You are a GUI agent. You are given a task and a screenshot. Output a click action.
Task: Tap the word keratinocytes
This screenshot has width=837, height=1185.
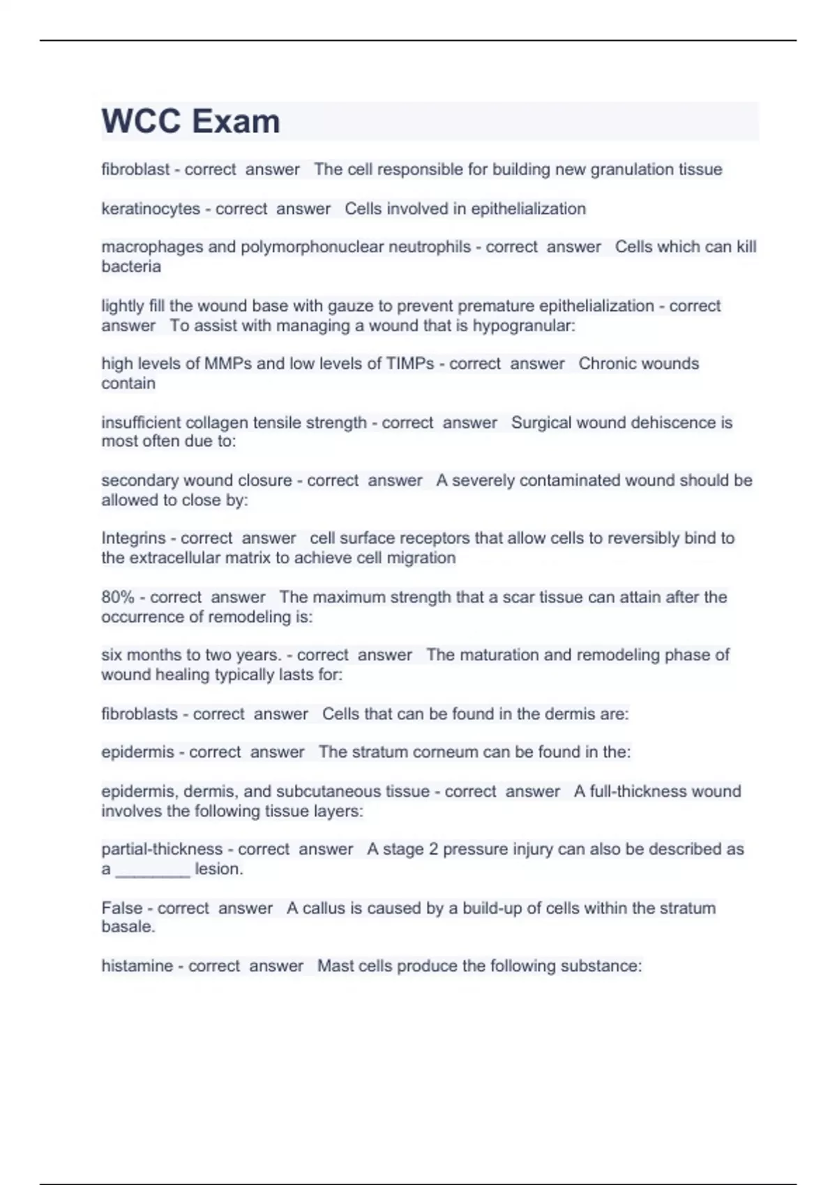click(150, 208)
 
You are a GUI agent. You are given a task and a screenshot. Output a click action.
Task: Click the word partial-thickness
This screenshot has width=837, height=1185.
click(162, 850)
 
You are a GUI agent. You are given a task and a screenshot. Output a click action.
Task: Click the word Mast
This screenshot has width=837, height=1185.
click(335, 966)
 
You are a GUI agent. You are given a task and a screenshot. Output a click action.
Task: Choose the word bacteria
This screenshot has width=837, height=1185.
click(131, 266)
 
